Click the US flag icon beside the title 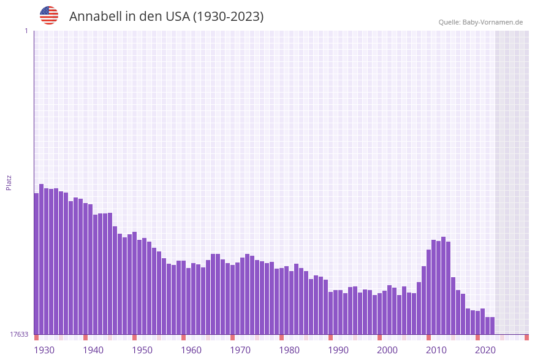(49, 15)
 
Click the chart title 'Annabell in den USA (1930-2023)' (166, 17)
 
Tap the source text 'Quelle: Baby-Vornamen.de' (480, 22)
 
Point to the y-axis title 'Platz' (9, 182)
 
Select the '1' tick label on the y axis (26, 31)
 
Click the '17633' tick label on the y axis (19, 334)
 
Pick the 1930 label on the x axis (44, 350)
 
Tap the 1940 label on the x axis (93, 350)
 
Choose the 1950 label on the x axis (142, 350)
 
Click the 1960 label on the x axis (191, 350)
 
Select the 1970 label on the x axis (240, 350)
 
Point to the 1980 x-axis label (289, 350)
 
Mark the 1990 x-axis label (338, 350)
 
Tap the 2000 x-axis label (387, 350)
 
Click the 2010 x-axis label (436, 350)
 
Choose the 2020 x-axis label (485, 350)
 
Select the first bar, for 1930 (37, 264)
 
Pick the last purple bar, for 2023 (492, 326)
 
